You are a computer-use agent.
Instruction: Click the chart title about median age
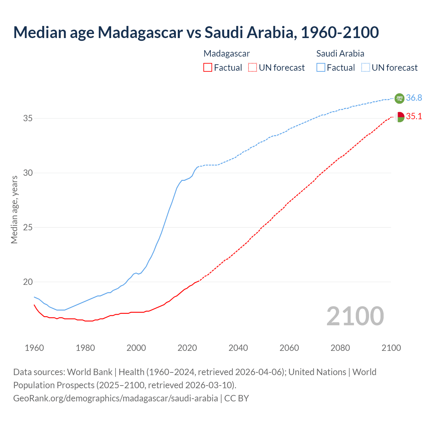(196, 32)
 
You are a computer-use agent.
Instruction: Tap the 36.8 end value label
(414, 98)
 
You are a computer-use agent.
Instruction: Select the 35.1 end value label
(414, 117)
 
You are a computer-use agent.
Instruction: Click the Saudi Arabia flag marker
(399, 98)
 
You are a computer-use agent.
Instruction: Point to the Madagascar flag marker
(399, 117)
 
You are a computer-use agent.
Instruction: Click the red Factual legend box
(208, 67)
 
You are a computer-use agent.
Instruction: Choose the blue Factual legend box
(321, 67)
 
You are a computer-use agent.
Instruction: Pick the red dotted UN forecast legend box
(253, 67)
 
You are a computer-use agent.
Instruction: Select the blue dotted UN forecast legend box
(365, 67)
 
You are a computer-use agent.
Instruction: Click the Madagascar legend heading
(227, 54)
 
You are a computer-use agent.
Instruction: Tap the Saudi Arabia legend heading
(340, 54)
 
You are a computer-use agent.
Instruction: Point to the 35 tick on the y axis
(28, 119)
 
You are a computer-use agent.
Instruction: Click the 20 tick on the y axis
(28, 282)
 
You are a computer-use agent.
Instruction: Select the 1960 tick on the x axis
(34, 348)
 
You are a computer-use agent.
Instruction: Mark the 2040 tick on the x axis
(238, 348)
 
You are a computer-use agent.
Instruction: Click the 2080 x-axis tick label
(340, 348)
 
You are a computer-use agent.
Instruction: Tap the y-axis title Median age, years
(14, 209)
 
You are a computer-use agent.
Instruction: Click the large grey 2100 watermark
(355, 316)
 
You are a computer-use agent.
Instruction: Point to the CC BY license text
(236, 398)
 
